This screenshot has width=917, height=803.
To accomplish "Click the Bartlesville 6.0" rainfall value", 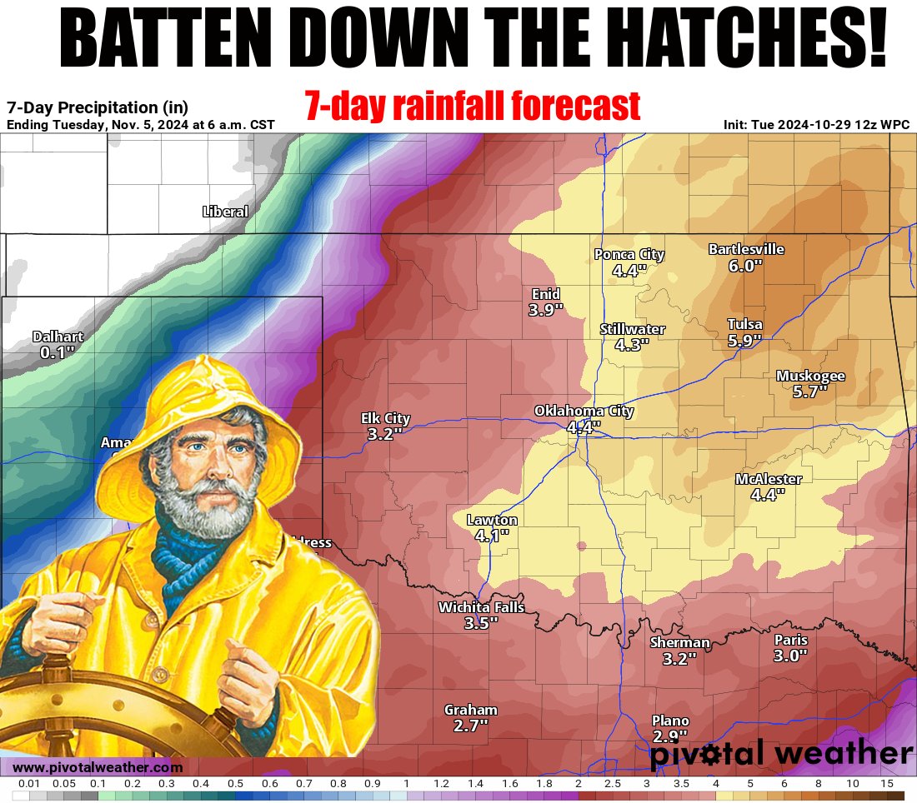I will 746,266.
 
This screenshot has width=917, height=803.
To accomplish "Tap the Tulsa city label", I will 744,324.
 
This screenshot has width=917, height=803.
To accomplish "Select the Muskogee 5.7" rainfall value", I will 809,391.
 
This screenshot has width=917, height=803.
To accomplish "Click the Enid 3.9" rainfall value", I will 546,310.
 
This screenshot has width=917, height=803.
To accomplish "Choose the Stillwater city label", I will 633,329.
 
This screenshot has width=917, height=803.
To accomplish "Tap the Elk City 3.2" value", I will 384,434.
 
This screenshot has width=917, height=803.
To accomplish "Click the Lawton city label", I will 492,521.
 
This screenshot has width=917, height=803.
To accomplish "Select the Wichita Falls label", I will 481,607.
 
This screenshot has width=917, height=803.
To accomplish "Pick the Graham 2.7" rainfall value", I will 470,726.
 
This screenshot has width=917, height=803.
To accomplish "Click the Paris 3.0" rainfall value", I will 790,656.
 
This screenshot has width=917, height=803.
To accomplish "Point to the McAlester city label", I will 769,479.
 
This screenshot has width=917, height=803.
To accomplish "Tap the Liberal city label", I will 225,212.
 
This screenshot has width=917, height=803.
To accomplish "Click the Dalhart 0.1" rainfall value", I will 58,352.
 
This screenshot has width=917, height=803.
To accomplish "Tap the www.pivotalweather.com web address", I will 98,767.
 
